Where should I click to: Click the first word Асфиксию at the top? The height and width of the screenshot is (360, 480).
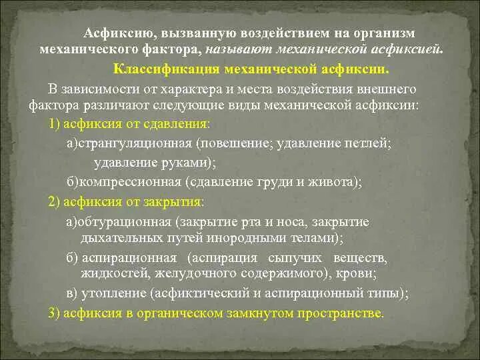111,33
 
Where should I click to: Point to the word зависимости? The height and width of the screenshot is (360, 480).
94,89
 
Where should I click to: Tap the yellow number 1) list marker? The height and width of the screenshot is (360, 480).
55,125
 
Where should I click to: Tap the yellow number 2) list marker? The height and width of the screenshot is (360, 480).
55,201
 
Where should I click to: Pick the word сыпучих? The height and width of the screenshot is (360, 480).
293,257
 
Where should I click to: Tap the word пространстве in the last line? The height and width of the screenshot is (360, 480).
336,313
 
